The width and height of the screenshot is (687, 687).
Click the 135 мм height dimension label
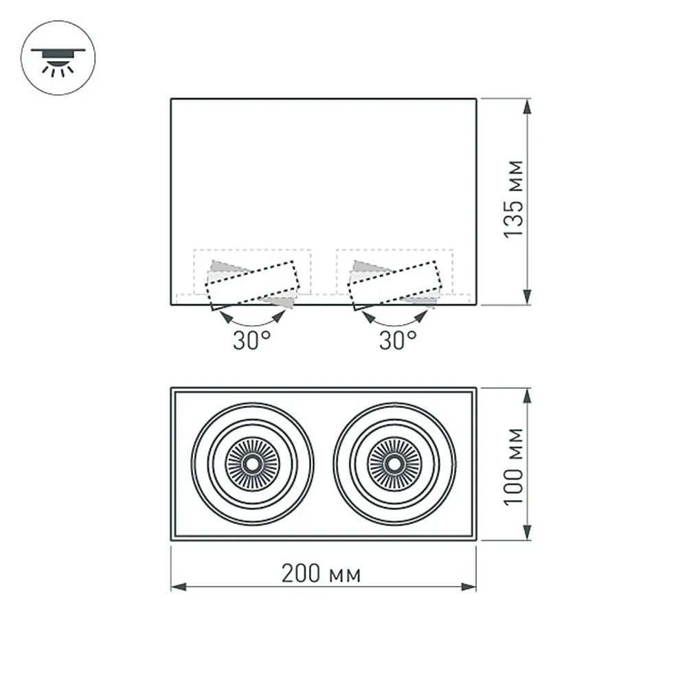click(x=514, y=199)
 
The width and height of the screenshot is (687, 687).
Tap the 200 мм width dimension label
click(x=321, y=574)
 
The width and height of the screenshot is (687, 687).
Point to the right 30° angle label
click(x=398, y=340)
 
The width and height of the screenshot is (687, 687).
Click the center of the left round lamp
click(x=252, y=464)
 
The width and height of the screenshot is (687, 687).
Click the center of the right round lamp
click(x=394, y=464)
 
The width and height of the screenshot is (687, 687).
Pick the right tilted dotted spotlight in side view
click(x=395, y=285)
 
